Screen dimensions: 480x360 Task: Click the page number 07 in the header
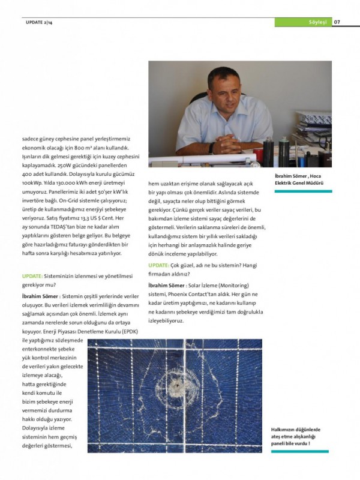click(x=337, y=22)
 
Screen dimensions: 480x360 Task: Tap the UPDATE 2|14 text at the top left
click(x=39, y=22)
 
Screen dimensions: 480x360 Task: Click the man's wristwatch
click(x=211, y=146)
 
